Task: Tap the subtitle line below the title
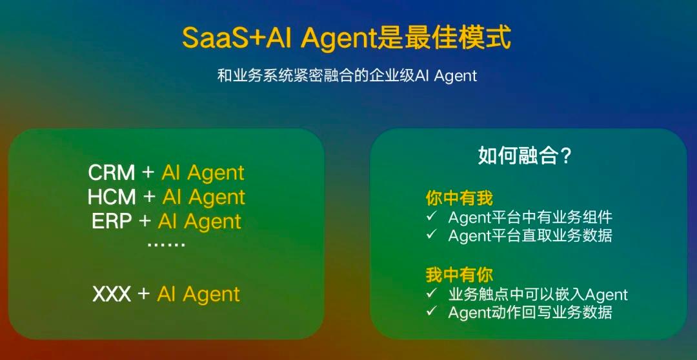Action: tap(347, 75)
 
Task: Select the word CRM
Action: tap(112, 173)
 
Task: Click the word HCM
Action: tap(112, 197)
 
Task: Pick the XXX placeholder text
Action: tap(112, 294)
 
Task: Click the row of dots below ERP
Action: tap(166, 245)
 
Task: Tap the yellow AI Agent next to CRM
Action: tap(203, 173)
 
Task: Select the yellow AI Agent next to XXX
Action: tap(199, 294)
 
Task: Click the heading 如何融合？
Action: tap(525, 156)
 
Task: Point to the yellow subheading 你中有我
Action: tap(460, 198)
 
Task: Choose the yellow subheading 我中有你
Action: tap(460, 275)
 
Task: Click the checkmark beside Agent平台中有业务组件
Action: tap(431, 216)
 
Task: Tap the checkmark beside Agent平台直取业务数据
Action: tap(431, 234)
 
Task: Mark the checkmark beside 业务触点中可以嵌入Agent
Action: tap(431, 293)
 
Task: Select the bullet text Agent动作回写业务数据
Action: tap(530, 312)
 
